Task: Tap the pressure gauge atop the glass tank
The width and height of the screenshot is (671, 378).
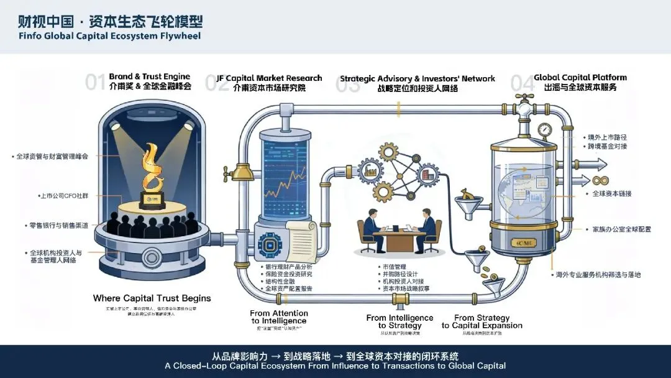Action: [545, 131]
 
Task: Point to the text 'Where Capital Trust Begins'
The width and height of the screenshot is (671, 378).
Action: [152, 298]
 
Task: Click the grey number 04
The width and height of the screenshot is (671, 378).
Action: [521, 83]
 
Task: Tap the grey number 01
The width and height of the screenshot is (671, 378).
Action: [95, 83]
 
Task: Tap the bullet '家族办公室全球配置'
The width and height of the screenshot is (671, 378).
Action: [618, 229]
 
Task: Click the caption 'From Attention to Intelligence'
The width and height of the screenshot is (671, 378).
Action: [279, 317]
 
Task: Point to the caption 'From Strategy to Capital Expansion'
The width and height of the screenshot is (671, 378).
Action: [482, 321]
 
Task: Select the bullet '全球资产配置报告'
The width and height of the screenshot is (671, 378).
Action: [289, 288]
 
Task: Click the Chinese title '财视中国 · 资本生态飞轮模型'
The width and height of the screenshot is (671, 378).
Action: [109, 22]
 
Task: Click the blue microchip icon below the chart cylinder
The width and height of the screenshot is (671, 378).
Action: [270, 243]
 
